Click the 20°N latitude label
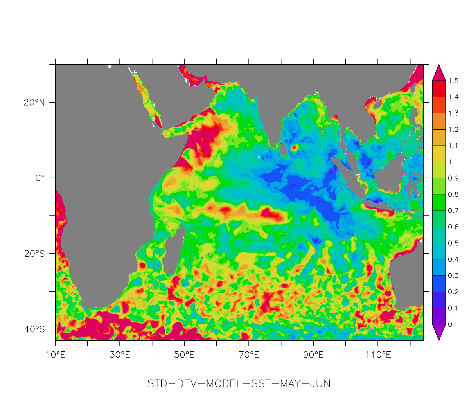tap(34, 103)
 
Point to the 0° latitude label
tap(40, 178)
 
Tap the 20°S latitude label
tap(34, 254)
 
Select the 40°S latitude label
tap(34, 329)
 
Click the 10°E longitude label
tap(55, 355)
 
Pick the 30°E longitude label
tap(120, 355)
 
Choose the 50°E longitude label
tap(184, 355)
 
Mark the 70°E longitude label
tap(249, 355)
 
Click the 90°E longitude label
tap(313, 355)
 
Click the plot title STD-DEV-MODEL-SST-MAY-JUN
tap(239, 384)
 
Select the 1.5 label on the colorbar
tap(453, 81)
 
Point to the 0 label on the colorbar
tap(450, 324)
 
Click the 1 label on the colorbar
tap(450, 162)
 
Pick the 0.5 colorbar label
tap(453, 243)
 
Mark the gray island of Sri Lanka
tap(284, 149)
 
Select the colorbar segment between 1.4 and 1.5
tap(439, 89)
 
